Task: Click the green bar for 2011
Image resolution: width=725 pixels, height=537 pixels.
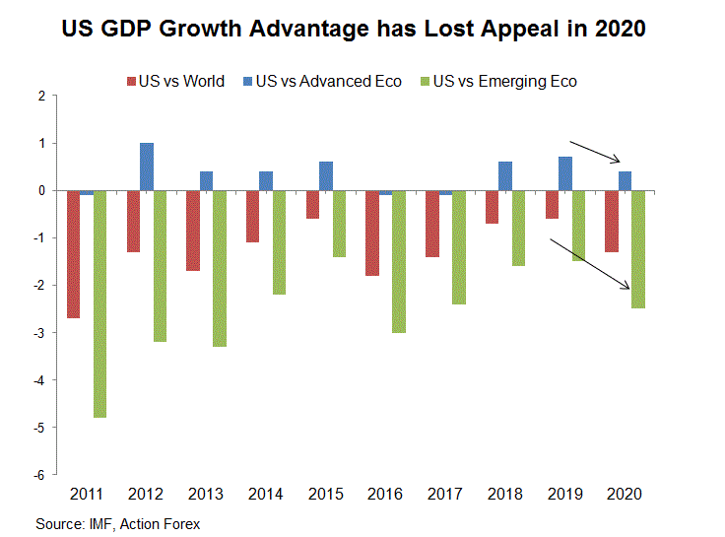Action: (99, 303)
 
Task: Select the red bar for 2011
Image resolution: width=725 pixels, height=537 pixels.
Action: (74, 254)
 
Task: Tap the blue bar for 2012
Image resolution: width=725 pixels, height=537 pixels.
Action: (147, 167)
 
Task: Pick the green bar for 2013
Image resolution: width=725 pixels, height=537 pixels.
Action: (220, 268)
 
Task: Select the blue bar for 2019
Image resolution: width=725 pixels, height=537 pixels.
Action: (565, 173)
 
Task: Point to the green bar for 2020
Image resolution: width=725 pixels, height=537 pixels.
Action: (639, 249)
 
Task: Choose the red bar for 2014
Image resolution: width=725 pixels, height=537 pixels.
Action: (253, 216)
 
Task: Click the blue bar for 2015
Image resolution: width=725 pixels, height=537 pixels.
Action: (326, 175)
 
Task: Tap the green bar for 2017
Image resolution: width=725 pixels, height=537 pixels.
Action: (459, 247)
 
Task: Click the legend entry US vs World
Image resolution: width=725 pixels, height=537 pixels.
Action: (176, 81)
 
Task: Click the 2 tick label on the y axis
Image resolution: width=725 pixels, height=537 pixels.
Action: (41, 96)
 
